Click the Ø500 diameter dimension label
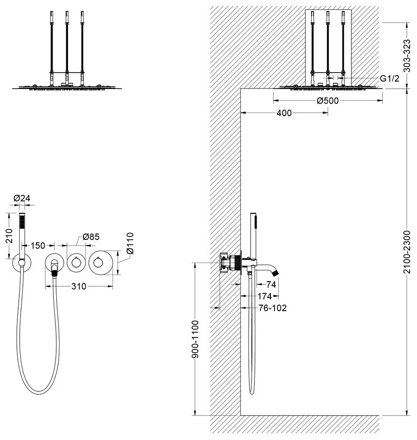coord(328,100)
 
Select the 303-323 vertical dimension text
coord(407,56)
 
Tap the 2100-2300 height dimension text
coord(407,252)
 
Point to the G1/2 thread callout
coord(389,79)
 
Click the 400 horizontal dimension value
coord(284,113)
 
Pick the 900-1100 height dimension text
coord(195,339)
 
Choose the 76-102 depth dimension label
coord(273,308)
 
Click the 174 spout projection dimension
coord(264,296)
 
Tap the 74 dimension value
coord(271,284)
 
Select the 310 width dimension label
coord(79,286)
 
